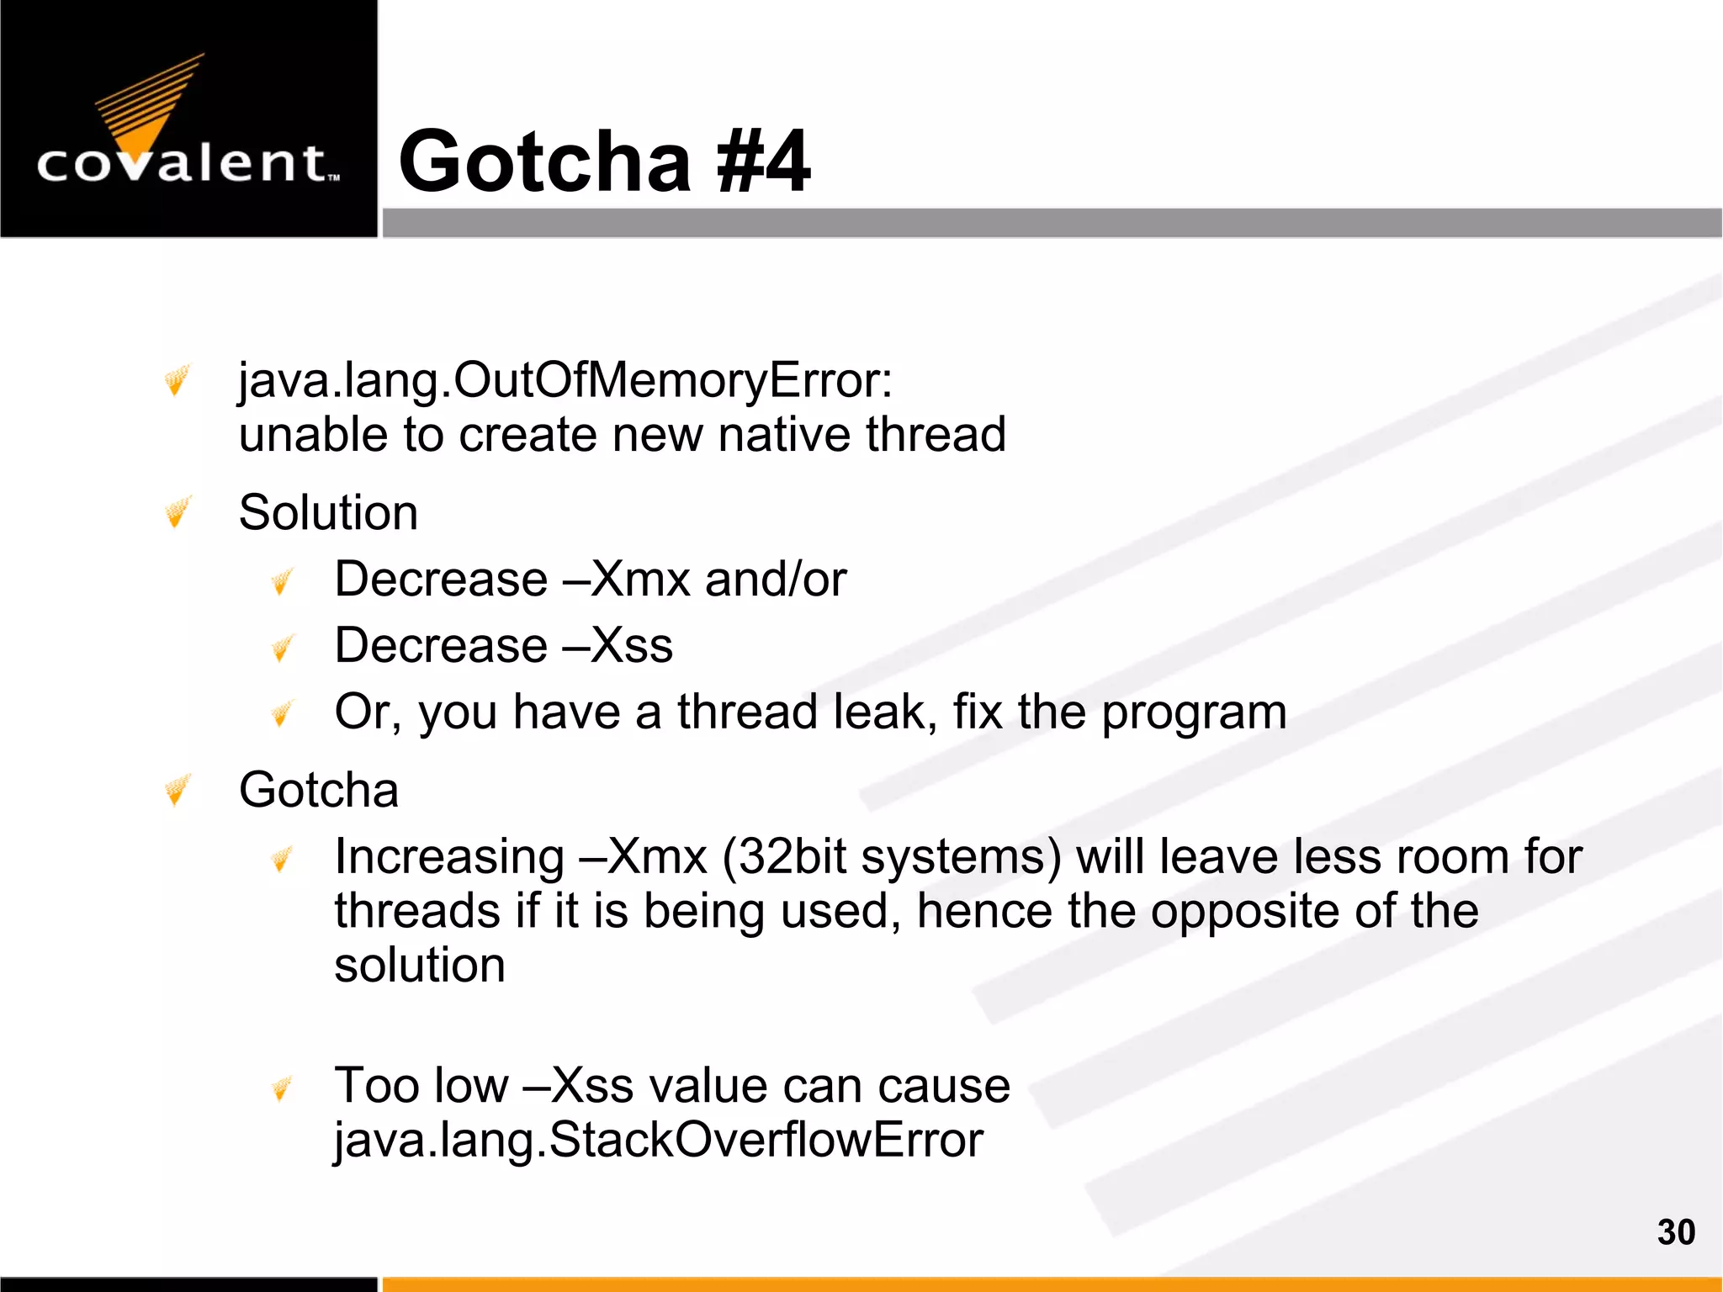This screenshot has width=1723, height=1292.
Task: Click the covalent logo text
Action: tap(187, 163)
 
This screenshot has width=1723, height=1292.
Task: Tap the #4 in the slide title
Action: tap(762, 161)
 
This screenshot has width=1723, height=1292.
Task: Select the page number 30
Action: tap(1676, 1232)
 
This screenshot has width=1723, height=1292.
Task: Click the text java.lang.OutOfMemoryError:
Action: tap(565, 380)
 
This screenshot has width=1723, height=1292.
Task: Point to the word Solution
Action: tap(328, 512)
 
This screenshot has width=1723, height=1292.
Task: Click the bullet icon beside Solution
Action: tap(178, 511)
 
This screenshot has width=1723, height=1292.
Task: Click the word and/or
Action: tap(776, 580)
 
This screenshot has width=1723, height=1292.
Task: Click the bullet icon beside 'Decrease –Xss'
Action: tap(283, 647)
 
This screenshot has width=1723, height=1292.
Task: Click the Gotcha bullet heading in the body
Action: tap(318, 790)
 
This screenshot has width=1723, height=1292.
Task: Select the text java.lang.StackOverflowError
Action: tap(658, 1141)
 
